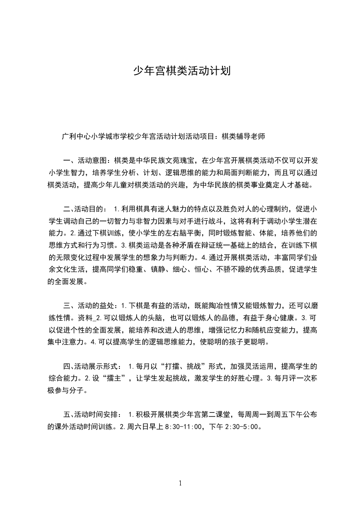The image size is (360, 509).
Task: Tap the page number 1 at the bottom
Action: tap(180, 483)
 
